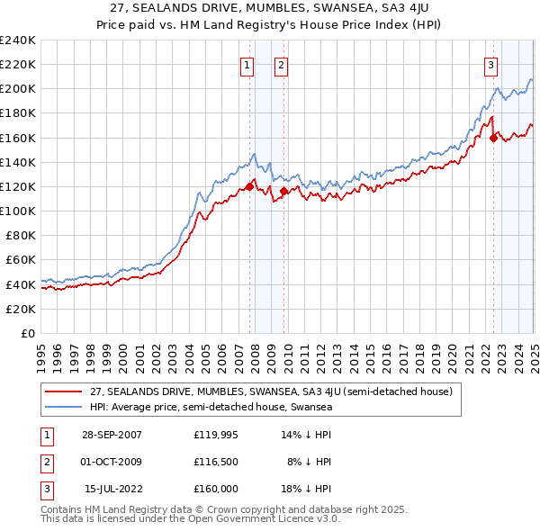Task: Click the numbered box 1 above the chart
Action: coord(247,64)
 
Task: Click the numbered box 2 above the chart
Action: coord(281,64)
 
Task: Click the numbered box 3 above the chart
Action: coord(491,64)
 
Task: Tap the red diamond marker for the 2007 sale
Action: coord(249,187)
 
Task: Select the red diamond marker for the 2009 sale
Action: coord(283,191)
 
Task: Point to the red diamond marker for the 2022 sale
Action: coord(493,138)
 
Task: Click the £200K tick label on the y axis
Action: coord(18,89)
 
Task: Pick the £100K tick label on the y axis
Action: coord(18,211)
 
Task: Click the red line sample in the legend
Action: coord(63,392)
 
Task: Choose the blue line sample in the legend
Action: coord(63,407)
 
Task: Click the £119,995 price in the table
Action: coord(216,434)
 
